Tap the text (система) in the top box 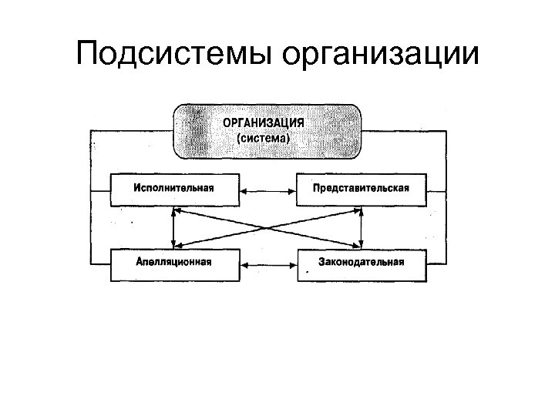pyautogui.click(x=264, y=139)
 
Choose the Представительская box pyautogui.click(x=361, y=190)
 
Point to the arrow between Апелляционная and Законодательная pyautogui.click(x=267, y=263)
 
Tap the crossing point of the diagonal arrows pyautogui.click(x=267, y=227)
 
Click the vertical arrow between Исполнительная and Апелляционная pyautogui.click(x=173, y=227)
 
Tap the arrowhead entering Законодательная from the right pyautogui.click(x=429, y=263)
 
